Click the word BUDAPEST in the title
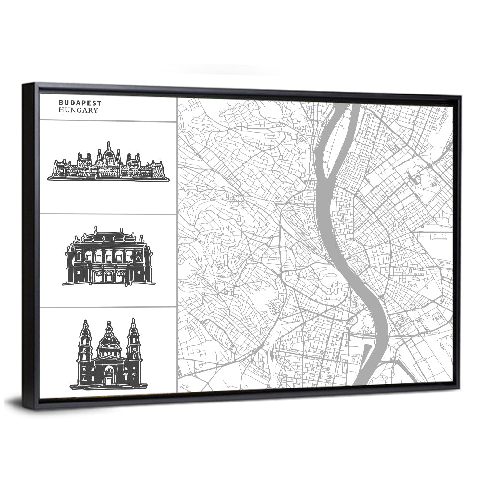[80, 103]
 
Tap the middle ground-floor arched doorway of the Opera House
[108, 276]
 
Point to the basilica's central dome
[109, 340]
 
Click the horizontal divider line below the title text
[108, 121]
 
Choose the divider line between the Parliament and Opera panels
[108, 214]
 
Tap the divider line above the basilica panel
[108, 308]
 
